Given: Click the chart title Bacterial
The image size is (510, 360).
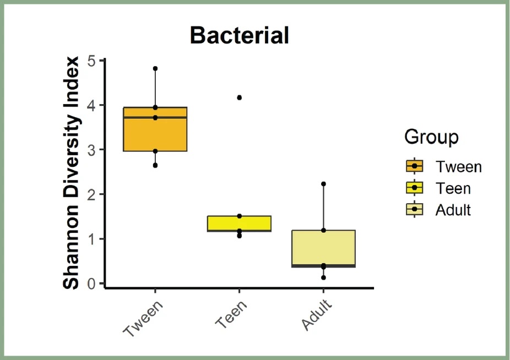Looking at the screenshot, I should tap(240, 36).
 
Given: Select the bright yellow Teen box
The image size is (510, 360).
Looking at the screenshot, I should tap(239, 223).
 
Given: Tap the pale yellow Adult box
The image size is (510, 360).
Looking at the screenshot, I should tap(323, 248).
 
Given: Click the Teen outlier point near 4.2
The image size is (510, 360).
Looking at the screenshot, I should tap(239, 97).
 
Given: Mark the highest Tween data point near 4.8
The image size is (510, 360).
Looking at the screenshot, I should tap(155, 69).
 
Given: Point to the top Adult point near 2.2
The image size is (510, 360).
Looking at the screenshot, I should tap(323, 184).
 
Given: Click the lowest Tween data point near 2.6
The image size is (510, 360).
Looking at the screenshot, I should tap(155, 165).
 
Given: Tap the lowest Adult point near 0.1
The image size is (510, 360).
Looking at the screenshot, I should tap(323, 277).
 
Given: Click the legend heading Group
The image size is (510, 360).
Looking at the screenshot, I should tap(431, 137).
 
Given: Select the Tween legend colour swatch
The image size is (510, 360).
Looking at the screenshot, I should tap(414, 166).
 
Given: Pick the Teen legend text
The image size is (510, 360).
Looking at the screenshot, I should tap(453, 188).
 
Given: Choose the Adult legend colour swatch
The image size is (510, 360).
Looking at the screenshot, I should tap(414, 209).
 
